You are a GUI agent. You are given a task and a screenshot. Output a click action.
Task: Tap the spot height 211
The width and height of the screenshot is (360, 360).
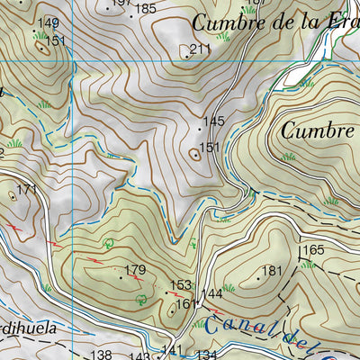(200, 49)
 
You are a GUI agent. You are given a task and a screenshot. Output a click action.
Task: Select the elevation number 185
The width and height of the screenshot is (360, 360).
(146, 9)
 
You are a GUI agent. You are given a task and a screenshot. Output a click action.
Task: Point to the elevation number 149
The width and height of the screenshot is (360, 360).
(49, 23)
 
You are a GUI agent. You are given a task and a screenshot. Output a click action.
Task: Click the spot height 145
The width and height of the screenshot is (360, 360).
(213, 121)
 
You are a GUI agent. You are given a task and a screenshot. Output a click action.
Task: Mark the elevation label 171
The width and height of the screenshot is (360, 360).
(27, 189)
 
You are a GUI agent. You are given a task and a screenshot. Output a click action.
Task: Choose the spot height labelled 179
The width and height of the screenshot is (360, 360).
(135, 270)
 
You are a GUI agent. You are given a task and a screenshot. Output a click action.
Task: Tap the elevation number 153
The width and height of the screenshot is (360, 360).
(181, 284)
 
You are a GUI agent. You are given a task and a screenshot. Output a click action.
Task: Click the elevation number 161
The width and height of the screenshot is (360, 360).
(185, 304)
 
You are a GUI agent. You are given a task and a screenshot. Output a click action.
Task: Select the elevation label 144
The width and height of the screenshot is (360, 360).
(211, 294)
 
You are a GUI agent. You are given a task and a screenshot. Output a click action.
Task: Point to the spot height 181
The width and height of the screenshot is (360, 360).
(272, 270)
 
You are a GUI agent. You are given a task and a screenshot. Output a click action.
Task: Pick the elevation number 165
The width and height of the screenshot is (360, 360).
(312, 250)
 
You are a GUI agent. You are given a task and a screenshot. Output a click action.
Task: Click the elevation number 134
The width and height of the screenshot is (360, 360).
(206, 355)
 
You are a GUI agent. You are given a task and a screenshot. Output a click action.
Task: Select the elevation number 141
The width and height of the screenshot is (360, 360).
(172, 350)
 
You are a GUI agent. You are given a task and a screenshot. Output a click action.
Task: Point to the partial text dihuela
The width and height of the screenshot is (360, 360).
(27, 328)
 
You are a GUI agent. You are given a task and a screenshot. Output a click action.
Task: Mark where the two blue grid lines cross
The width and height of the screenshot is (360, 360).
(72, 60)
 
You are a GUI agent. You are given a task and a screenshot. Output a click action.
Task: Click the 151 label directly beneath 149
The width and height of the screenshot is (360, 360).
(56, 40)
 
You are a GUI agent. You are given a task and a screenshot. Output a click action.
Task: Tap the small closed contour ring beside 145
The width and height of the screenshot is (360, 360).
(195, 154)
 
